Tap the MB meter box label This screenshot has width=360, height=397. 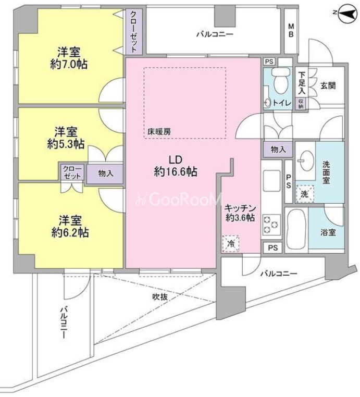pos(291,30)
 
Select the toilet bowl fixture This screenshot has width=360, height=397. pos(280,81)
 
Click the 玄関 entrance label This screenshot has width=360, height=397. pos(328,85)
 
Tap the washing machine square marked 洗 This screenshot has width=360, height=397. pos(305,194)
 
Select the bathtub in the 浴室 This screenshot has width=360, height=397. pos(296,230)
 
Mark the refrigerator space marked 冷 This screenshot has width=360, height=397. pos(230,244)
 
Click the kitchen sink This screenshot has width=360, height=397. pos(271,181)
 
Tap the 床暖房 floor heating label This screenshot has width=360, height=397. pos(159,131)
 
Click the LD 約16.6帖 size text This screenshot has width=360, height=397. pos(176,166)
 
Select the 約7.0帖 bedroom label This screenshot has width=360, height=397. pos(69,58)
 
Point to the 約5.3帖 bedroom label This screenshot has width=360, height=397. pos(66,138)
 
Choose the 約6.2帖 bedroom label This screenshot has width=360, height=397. pos(70,226)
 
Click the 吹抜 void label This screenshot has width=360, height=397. pos(160,297)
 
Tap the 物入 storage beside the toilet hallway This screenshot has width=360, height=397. pos(278,150)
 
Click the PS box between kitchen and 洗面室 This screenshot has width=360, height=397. pos(289,181)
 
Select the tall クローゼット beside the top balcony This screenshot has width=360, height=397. pos(134,31)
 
